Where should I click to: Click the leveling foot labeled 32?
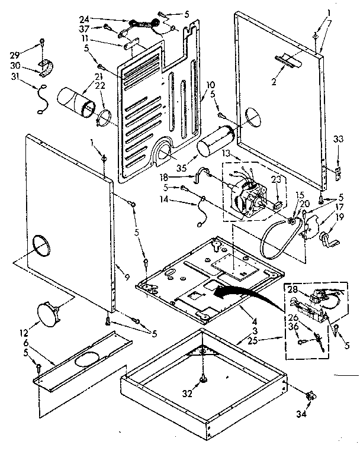(x=203, y=377)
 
